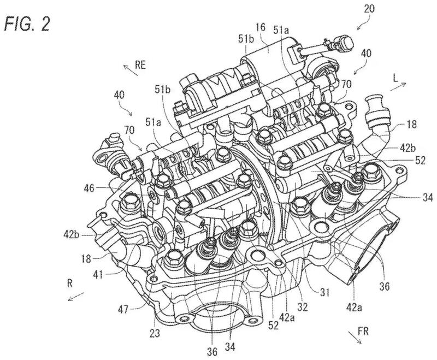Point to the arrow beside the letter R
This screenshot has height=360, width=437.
pos(75,297)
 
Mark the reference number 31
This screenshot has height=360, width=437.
pos(326,295)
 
